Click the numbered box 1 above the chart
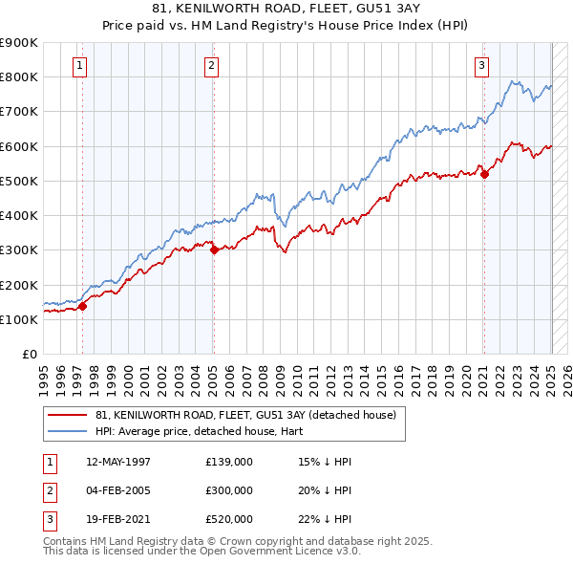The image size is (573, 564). click(78, 66)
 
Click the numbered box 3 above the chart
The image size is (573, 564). click(482, 66)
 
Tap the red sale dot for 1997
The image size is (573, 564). click(83, 306)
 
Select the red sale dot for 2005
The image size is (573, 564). click(215, 250)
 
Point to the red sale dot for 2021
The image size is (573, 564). click(484, 174)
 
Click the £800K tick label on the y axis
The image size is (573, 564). click(19, 76)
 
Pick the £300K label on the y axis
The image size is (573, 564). click(19, 250)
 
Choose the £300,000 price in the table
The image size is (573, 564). click(229, 490)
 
